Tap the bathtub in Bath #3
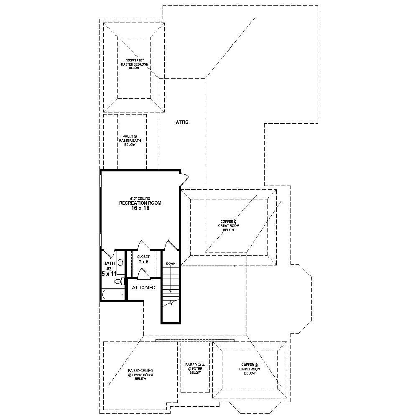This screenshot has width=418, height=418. [x=113, y=295]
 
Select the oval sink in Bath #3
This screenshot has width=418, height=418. [x=120, y=263]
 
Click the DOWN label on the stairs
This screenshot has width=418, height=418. [x=171, y=264]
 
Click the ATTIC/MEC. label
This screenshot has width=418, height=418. [x=144, y=288]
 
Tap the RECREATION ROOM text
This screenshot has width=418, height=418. [x=140, y=203]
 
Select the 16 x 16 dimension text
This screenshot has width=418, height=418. [x=140, y=208]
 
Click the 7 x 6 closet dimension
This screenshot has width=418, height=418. [x=143, y=262]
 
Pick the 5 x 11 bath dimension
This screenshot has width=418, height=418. [x=108, y=273]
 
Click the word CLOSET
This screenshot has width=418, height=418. [x=143, y=257]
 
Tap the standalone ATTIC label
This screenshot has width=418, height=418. [x=182, y=122]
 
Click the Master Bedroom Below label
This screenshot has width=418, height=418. [x=135, y=64]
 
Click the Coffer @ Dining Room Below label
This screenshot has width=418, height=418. [x=250, y=369]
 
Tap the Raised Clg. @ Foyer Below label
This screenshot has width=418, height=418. [x=195, y=368]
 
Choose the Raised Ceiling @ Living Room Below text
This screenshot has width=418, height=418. [x=140, y=375]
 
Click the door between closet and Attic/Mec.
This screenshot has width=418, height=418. [x=143, y=274]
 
